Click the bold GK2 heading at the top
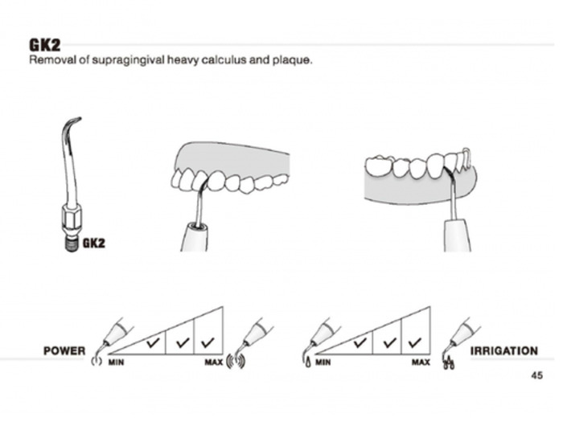pyautogui.click(x=45, y=45)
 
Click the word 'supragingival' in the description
pyautogui.click(x=128, y=60)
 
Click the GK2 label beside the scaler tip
pyautogui.click(x=94, y=244)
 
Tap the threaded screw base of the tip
pyautogui.click(x=72, y=244)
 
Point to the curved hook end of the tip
pyautogui.click(x=73, y=123)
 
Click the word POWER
pyautogui.click(x=64, y=351)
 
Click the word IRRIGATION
pyautogui.click(x=504, y=351)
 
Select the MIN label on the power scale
pyautogui.click(x=116, y=363)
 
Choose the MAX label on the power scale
pyautogui.click(x=214, y=363)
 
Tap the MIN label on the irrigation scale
pyautogui.click(x=323, y=363)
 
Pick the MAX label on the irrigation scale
pyautogui.click(x=421, y=363)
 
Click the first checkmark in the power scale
pyautogui.click(x=154, y=342)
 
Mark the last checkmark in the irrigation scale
pyautogui.click(x=415, y=342)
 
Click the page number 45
pyautogui.click(x=536, y=375)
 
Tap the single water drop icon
pyautogui.click(x=308, y=363)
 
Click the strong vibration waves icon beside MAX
pyautogui.click(x=236, y=362)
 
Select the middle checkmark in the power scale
pyautogui.click(x=183, y=342)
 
